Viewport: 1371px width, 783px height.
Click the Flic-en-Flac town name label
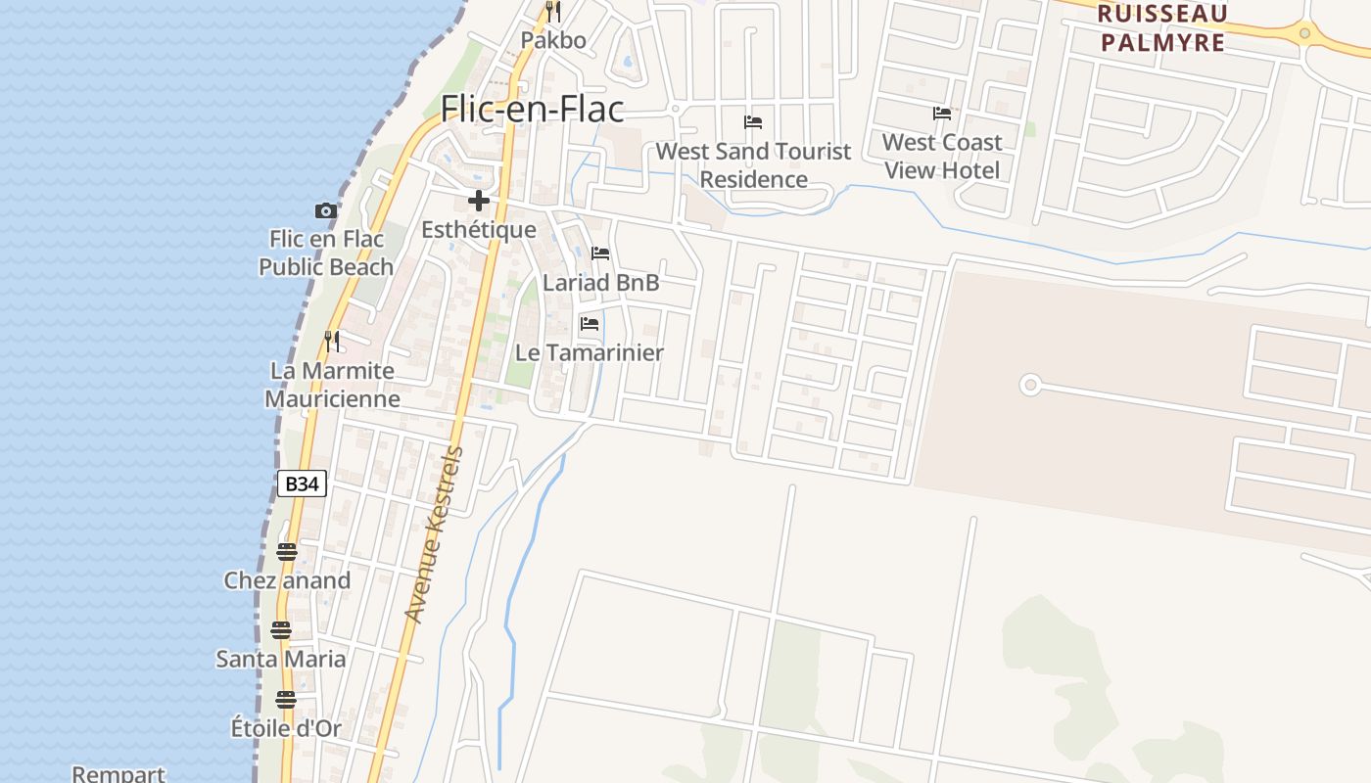coord(532,108)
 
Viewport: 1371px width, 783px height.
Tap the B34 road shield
coord(302,484)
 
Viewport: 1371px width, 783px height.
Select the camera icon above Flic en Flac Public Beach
coord(326,210)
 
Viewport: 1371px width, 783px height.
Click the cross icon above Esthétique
coord(479,202)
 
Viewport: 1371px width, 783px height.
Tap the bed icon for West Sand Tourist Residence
coord(753,122)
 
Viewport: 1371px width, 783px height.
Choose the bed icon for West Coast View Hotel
coord(942,114)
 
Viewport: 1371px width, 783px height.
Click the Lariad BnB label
coord(601,283)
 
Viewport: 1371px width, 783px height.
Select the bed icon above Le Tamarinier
coord(590,324)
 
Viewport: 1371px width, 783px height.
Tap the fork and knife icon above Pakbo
coord(553,12)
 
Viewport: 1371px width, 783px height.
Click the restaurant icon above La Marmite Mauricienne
coord(333,342)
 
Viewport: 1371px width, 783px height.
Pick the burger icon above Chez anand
coord(286,552)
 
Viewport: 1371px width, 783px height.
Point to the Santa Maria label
coord(281,659)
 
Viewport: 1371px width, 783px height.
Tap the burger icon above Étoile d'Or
coord(286,700)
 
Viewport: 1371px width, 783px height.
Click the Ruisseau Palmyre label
coord(1162,27)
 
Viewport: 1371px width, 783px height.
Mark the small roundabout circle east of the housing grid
coord(1029,385)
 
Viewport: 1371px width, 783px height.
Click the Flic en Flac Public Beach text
coord(326,253)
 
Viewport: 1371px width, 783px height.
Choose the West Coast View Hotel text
coord(942,157)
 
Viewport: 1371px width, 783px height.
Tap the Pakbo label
coord(553,40)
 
